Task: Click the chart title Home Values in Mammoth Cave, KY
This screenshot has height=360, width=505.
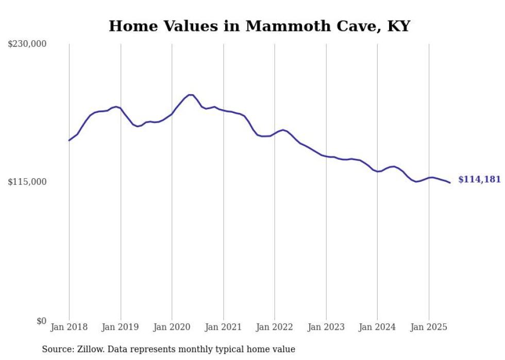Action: click(x=259, y=26)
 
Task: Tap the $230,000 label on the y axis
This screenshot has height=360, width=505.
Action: click(x=27, y=44)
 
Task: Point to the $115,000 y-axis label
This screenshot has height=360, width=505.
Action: click(x=27, y=182)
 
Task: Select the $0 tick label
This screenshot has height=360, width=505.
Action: click(x=41, y=321)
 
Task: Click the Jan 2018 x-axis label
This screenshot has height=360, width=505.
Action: click(x=69, y=327)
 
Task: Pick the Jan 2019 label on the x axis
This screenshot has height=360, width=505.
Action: click(x=121, y=327)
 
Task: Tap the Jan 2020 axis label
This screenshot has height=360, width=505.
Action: click(x=172, y=327)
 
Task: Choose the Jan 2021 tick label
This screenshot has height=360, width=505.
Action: click(x=223, y=327)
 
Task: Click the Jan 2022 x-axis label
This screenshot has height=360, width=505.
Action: click(x=275, y=327)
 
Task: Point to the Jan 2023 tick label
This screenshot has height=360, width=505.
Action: click(x=326, y=327)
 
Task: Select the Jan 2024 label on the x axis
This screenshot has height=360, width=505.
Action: click(x=377, y=327)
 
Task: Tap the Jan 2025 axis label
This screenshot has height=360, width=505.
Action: click(x=429, y=327)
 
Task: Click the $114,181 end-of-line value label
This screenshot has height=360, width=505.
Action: click(x=479, y=180)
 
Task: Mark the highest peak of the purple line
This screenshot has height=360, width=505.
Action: click(x=190, y=95)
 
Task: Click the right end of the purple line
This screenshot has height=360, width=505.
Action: click(x=450, y=183)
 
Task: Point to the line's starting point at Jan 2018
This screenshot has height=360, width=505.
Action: click(x=69, y=140)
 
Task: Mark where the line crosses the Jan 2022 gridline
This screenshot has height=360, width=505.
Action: click(x=275, y=133)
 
